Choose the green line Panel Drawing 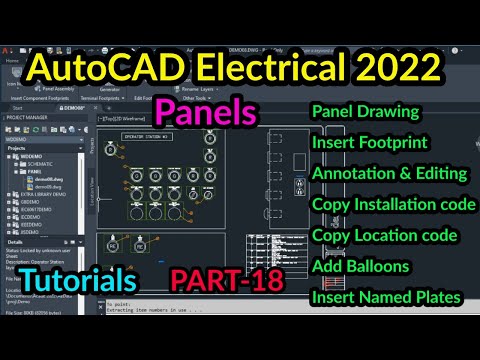point(366,110)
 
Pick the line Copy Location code point(385,235)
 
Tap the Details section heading point(15,241)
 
